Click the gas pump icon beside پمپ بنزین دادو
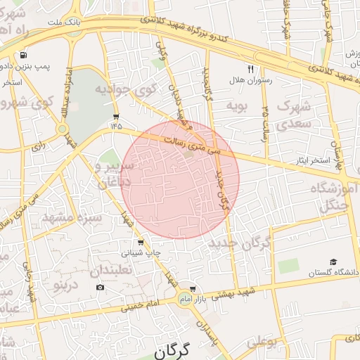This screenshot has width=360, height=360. click(25, 55)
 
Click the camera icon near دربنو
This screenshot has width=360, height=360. click(100, 287)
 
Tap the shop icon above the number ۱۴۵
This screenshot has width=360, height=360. click(116, 116)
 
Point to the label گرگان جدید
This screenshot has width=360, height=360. click(240, 244)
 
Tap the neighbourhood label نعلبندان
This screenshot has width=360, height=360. click(112, 270)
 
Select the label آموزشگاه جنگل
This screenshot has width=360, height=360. click(330, 196)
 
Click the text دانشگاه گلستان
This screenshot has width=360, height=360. click(334, 272)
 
